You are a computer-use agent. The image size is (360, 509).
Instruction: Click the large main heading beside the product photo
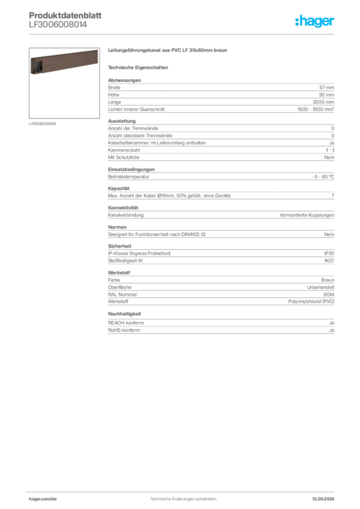click(169, 51)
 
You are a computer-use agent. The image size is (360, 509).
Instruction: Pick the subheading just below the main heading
click(139, 67)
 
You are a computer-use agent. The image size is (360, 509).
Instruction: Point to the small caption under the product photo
click(44, 124)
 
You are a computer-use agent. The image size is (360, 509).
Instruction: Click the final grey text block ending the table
click(220, 328)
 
